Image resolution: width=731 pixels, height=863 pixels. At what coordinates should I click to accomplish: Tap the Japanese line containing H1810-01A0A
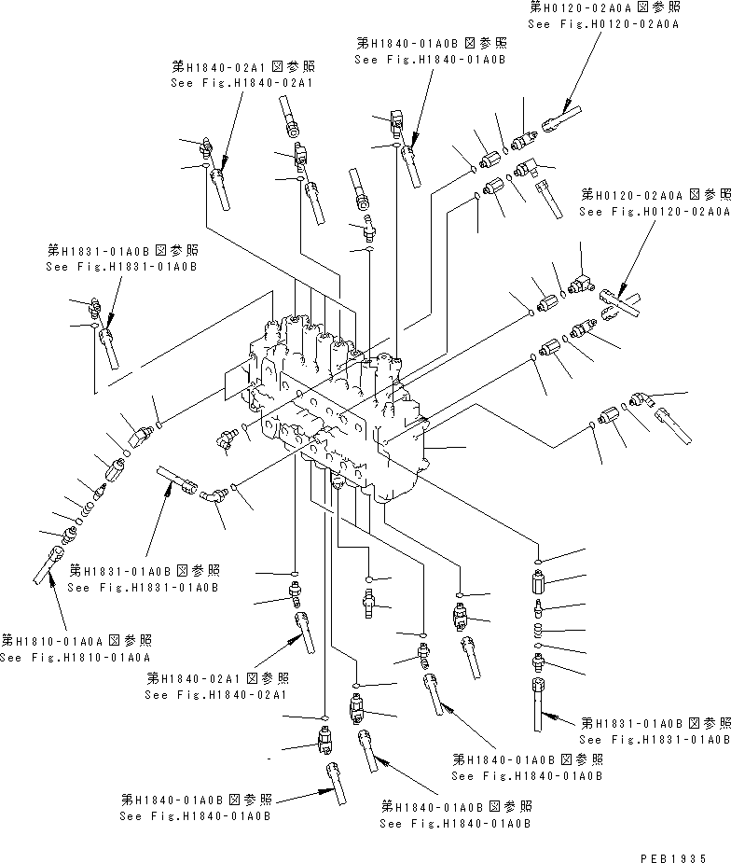pos(76,641)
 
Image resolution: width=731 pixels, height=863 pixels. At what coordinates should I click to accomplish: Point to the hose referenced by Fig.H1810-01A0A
pos(47,568)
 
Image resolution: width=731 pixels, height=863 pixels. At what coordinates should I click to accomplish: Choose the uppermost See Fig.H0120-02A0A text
pos(602,24)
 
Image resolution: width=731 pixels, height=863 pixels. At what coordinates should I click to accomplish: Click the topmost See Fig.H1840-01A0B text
pos(430,59)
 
